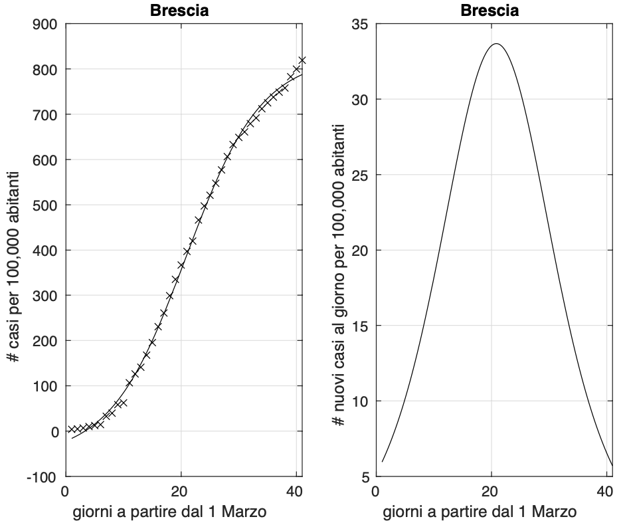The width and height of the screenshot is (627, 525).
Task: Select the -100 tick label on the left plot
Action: (x=43, y=476)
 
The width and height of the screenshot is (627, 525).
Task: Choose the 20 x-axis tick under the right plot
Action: (x=491, y=492)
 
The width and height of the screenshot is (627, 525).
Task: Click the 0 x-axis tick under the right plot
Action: (x=376, y=492)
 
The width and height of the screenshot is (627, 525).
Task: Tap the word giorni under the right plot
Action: (x=403, y=512)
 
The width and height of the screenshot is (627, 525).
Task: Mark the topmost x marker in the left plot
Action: (x=302, y=60)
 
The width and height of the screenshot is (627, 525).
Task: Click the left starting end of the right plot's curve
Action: (x=383, y=461)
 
